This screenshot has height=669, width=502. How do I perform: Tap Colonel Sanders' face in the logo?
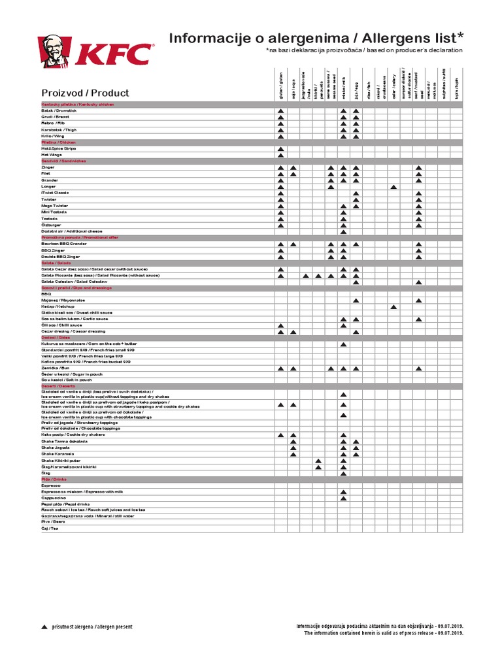(55, 53)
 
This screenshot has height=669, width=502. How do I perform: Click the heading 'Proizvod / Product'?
(85, 93)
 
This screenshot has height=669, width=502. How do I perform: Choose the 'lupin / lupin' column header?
(456, 85)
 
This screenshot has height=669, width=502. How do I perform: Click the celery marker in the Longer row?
(393, 188)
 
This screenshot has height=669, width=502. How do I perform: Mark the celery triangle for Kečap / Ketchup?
(393, 306)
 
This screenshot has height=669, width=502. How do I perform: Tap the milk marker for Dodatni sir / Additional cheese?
(343, 232)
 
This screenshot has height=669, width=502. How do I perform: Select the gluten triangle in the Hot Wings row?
(280, 155)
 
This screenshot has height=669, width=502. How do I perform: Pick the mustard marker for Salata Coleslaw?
(418, 282)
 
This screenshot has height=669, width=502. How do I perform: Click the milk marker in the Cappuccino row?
(343, 498)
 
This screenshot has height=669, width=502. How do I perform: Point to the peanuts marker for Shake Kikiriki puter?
(318, 461)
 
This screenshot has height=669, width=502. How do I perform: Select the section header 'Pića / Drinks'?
(54, 479)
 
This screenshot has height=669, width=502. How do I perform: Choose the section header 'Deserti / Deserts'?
(59, 385)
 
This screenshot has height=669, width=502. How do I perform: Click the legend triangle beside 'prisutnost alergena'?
(44, 627)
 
